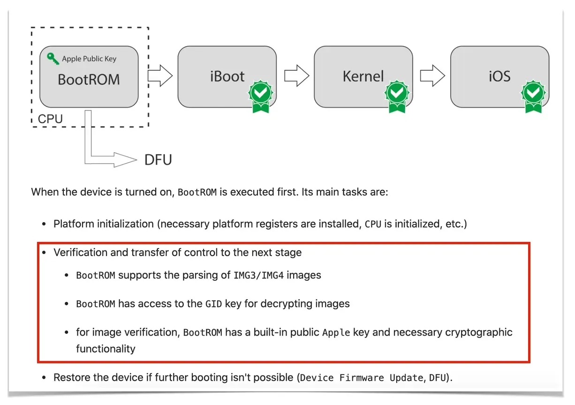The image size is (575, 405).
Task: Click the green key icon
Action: (53, 59)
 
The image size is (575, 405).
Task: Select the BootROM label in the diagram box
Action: (89, 79)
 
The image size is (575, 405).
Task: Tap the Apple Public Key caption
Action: (89, 59)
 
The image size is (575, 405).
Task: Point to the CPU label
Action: (50, 119)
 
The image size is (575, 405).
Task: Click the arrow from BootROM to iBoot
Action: (160, 75)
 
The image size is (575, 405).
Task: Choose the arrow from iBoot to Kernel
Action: (297, 75)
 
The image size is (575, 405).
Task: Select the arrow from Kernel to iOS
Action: (432, 75)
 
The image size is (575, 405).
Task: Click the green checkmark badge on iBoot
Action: (261, 96)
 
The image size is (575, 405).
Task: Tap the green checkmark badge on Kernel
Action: (397, 96)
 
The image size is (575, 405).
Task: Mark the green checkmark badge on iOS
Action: (533, 96)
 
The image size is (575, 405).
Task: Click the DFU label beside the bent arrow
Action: (158, 160)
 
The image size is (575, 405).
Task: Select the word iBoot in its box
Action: (227, 76)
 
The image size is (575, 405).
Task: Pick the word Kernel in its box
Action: (363, 76)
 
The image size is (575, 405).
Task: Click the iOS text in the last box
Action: (499, 76)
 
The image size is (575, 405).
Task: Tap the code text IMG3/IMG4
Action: (258, 275)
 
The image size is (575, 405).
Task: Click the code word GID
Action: (213, 304)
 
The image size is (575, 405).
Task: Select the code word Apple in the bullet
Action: (336, 333)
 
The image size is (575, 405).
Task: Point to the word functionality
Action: (106, 349)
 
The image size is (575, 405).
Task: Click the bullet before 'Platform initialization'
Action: (44, 224)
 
